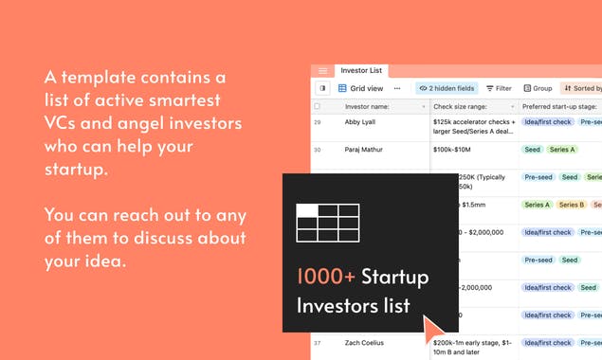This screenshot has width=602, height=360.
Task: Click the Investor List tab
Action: (x=361, y=70)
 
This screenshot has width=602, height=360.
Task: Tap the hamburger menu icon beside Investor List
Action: (x=322, y=71)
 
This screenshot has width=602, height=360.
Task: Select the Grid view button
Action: (x=362, y=88)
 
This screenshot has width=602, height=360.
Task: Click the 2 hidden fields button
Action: (x=447, y=88)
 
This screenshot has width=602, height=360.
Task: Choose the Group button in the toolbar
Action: (x=538, y=88)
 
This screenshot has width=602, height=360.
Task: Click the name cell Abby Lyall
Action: (x=360, y=122)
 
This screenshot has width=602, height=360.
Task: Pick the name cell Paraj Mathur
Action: (x=364, y=150)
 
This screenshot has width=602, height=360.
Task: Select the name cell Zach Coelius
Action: (x=365, y=343)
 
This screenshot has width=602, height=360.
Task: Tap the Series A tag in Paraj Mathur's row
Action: (x=562, y=150)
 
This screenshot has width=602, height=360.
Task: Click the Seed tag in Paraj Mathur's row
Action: (x=532, y=150)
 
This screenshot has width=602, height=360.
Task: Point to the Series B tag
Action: (x=571, y=205)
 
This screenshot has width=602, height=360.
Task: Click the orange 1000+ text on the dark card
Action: (x=326, y=278)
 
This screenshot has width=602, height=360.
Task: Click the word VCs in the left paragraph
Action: (x=64, y=125)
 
